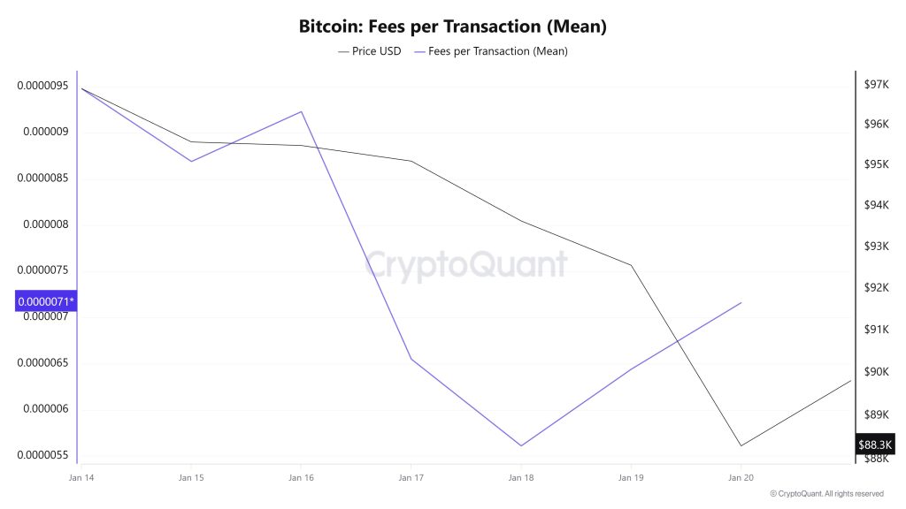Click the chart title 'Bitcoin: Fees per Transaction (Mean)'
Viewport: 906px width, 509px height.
coord(452,27)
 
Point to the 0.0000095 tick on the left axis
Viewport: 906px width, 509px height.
coord(44,86)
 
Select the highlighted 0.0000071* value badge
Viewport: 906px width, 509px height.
coord(46,302)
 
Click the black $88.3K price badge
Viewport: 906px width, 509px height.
coord(875,444)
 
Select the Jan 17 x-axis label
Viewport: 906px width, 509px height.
coord(411,477)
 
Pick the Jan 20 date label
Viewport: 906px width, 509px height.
coord(741,477)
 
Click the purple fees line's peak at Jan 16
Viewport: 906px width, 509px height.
coord(301,111)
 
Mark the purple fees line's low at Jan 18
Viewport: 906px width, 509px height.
coord(521,445)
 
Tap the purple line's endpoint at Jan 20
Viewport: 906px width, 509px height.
coord(741,302)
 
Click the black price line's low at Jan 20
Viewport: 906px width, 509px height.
coord(741,445)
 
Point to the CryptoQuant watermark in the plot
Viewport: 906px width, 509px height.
coord(466,263)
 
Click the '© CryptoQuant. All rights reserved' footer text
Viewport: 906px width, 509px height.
coord(826,493)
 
